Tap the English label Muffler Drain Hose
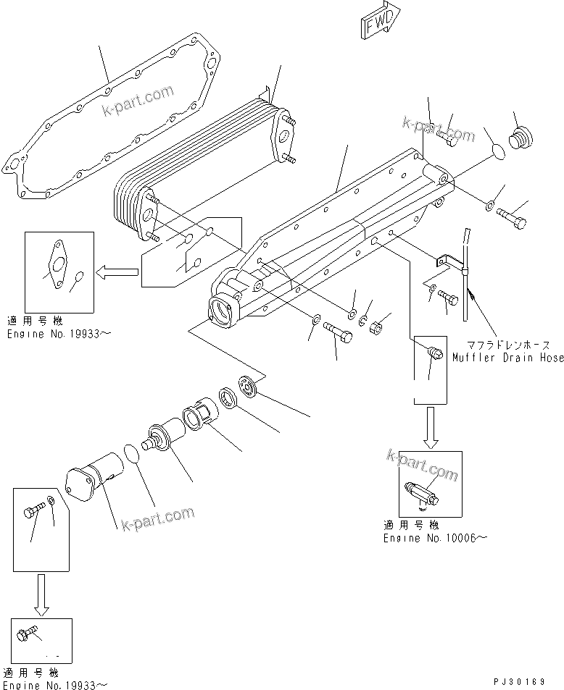click(507, 357)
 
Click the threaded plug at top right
click(520, 138)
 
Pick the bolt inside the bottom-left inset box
click(33, 513)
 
